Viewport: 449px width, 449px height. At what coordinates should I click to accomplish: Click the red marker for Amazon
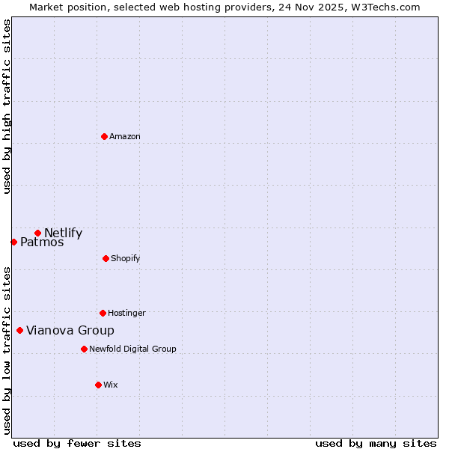click(104, 136)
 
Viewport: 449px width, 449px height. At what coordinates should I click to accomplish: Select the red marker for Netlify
click(37, 233)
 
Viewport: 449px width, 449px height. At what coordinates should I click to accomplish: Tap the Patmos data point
click(13, 242)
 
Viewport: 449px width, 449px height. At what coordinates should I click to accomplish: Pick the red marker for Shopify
click(106, 258)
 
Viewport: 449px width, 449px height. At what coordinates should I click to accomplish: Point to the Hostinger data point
click(103, 313)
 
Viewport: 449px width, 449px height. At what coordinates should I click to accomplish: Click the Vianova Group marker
click(19, 330)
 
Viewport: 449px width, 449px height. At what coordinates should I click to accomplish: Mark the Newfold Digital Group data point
click(84, 349)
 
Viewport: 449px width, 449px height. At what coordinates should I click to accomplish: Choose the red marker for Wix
click(98, 385)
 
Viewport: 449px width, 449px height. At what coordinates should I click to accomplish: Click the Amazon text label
click(125, 136)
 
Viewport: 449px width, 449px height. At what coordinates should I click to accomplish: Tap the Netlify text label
click(63, 233)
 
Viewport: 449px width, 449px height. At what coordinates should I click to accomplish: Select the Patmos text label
click(42, 242)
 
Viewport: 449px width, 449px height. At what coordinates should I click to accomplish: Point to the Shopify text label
click(125, 258)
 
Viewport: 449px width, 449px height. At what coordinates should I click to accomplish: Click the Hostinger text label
click(126, 313)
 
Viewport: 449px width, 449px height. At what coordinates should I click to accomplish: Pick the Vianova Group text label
click(70, 330)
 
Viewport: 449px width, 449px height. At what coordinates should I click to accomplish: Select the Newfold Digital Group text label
click(132, 349)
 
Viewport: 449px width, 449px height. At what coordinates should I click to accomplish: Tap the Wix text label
click(111, 385)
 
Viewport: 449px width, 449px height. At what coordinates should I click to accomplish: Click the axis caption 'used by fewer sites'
click(77, 443)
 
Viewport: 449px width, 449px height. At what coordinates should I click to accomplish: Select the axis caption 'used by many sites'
click(376, 443)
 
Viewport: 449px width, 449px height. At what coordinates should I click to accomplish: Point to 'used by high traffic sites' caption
click(7, 106)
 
